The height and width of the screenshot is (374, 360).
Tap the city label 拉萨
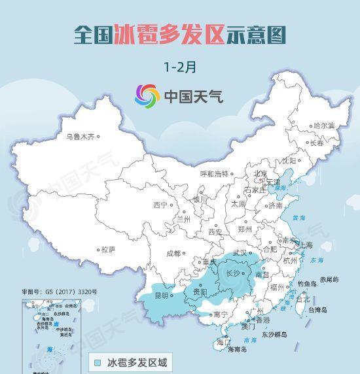coord(108,249)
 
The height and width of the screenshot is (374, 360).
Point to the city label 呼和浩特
coord(215,174)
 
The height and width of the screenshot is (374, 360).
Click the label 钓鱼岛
coord(307,284)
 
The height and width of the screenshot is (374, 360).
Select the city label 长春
coord(317,143)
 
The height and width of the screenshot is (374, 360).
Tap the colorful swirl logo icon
coord(147,97)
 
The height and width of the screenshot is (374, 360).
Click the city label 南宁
coord(221,314)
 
